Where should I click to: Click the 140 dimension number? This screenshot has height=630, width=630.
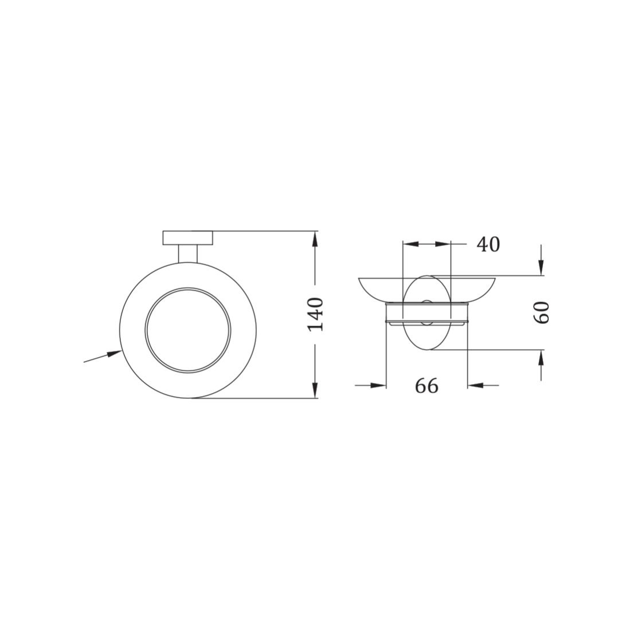[x=315, y=314]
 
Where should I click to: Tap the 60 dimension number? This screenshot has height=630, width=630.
[x=542, y=312]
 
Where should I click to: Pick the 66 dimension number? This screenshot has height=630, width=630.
[x=426, y=386]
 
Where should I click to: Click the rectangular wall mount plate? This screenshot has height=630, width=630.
[x=187, y=237]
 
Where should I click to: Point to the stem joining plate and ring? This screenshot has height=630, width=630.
[x=187, y=253]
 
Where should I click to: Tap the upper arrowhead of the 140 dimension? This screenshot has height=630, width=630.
[x=315, y=239]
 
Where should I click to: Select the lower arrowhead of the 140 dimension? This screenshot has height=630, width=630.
[x=315, y=390]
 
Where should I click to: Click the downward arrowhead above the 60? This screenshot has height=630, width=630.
[x=542, y=268]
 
